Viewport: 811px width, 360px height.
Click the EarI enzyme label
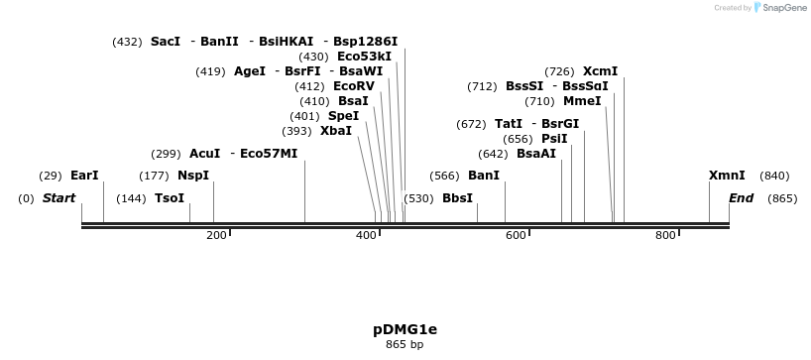click(84, 176)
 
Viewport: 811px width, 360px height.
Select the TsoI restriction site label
click(170, 198)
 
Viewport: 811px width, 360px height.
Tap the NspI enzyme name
click(193, 176)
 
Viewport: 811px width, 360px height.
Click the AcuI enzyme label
click(205, 154)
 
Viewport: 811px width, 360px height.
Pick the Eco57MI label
click(269, 154)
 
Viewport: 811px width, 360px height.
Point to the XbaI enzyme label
click(336, 131)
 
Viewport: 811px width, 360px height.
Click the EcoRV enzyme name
click(354, 86)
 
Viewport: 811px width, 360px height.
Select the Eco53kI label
click(364, 57)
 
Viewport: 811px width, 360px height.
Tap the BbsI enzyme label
click(457, 198)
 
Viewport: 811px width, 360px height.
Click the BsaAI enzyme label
click(536, 154)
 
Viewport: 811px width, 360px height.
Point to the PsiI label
click(554, 139)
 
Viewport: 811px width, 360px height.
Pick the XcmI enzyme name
click(600, 71)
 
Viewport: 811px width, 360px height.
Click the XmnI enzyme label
click(727, 176)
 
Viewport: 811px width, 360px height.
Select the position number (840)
click(774, 176)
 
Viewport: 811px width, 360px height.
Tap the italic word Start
click(58, 198)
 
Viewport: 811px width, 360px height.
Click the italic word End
click(742, 198)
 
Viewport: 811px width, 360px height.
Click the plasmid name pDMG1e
click(405, 328)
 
